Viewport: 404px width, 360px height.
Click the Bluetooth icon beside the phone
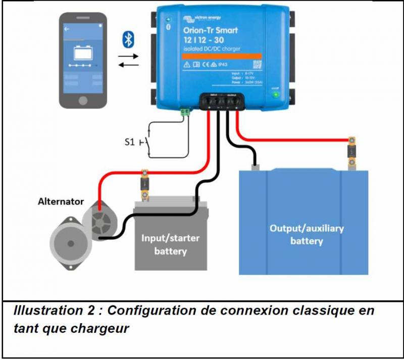[x=129, y=39]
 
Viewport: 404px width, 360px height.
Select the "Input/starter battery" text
[x=170, y=244]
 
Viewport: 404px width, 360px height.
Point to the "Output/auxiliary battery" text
[x=307, y=234]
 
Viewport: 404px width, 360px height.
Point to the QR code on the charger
[x=257, y=64]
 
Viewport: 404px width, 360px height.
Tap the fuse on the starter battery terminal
[x=144, y=183]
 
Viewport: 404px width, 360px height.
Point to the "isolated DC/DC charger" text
[x=212, y=48]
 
